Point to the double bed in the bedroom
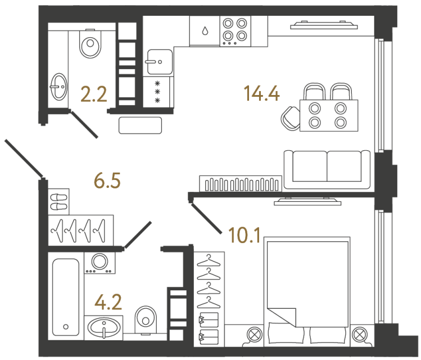pyautogui.click(x=306, y=290)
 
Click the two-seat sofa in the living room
pyautogui.click(x=327, y=169)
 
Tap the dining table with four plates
pyautogui.click(x=328, y=115)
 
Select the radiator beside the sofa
pyautogui.click(x=240, y=184)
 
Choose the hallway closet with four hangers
pyautogui.click(x=81, y=229)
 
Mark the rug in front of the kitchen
pyautogui.click(x=141, y=124)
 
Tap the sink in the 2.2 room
pyautogui.click(x=58, y=86)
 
